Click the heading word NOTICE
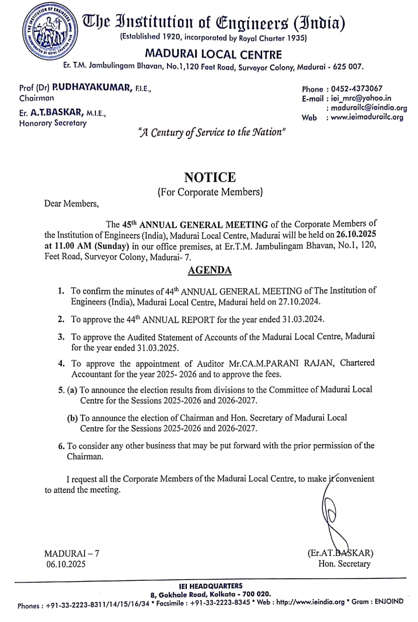210,177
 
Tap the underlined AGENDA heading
210,270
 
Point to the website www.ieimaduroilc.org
367,117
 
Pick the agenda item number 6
61,446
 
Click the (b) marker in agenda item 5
72,418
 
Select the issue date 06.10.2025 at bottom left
66,564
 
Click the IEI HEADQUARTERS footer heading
211,586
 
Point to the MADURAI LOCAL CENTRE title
213,54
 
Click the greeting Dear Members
71,204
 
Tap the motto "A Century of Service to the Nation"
212,133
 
